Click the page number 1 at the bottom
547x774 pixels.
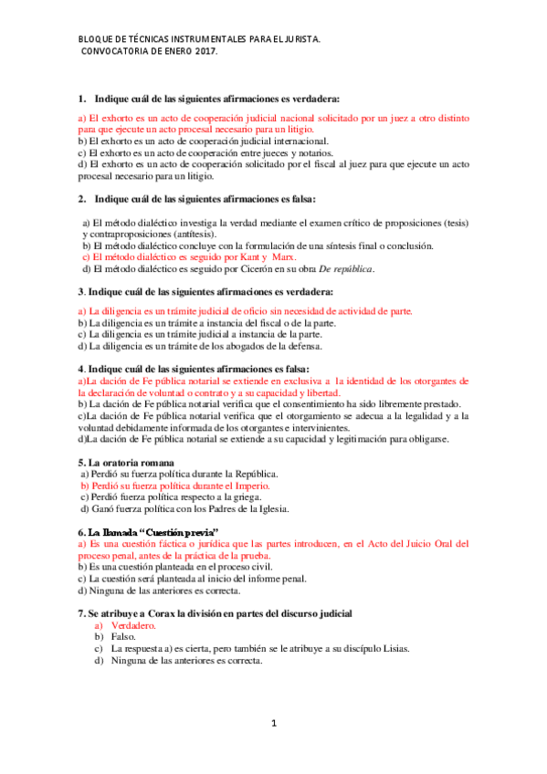click(x=273, y=724)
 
